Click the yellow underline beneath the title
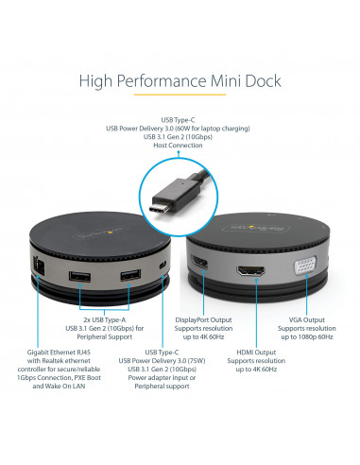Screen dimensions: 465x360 pyautogui.click(x=180, y=95)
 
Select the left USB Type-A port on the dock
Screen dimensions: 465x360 pyautogui.click(x=80, y=279)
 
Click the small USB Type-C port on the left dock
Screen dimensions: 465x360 pyautogui.click(x=164, y=263)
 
